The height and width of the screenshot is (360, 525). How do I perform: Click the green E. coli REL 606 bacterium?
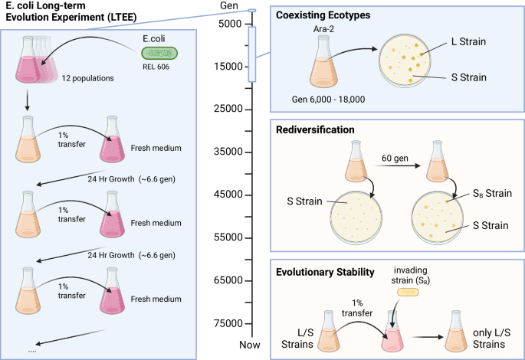point(159,54)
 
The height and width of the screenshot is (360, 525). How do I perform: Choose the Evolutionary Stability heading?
point(326,270)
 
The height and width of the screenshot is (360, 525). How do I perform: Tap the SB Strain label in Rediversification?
point(481,195)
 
